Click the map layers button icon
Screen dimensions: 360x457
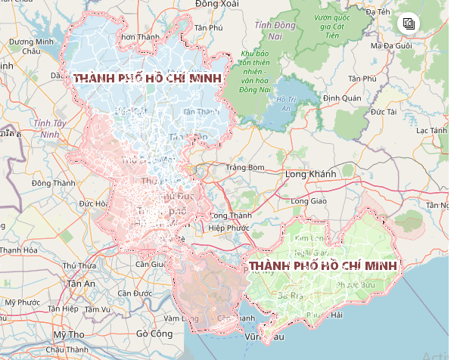click(x=409, y=23)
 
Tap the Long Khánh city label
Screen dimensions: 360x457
click(x=310, y=174)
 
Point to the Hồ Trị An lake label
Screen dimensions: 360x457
click(x=285, y=104)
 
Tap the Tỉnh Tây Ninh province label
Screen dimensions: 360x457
click(x=50, y=128)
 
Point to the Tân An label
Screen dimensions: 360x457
click(x=82, y=284)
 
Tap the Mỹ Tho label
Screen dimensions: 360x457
click(x=69, y=334)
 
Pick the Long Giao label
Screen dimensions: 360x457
click(x=308, y=201)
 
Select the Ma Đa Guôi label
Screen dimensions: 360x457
click(x=392, y=46)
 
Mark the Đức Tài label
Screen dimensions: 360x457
click(x=384, y=112)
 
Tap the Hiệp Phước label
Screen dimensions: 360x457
click(x=228, y=228)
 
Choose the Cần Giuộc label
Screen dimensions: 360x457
click(x=151, y=264)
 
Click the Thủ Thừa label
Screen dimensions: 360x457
click(x=80, y=265)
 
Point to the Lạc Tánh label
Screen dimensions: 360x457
click(x=432, y=131)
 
